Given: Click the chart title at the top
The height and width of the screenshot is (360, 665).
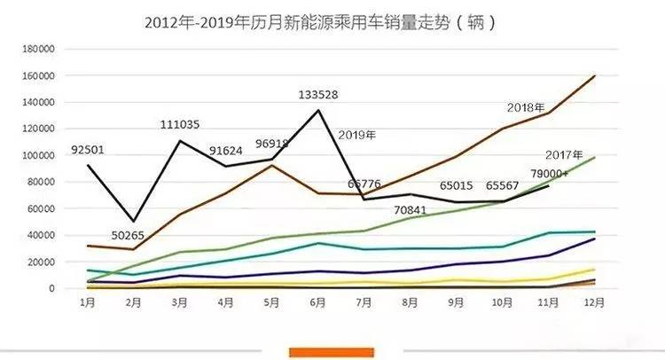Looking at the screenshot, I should point(319,22).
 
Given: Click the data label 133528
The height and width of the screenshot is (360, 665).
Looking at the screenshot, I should point(319,95).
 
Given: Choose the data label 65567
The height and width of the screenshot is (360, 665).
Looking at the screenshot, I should point(504,186).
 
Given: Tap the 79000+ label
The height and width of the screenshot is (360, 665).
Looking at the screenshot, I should point(552,172).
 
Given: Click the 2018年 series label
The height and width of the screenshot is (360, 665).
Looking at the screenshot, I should point(526,107).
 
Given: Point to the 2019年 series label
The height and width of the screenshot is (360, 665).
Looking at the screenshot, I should point(357,136).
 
